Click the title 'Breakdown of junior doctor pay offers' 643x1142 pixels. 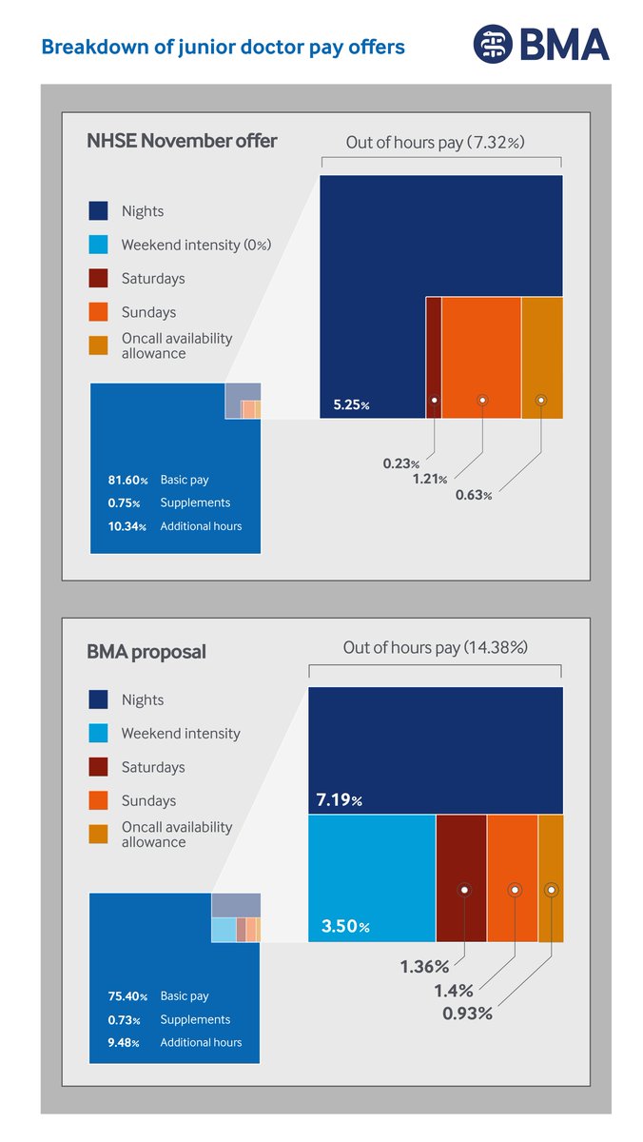[x=222, y=47]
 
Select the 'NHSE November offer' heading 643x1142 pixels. [x=182, y=142]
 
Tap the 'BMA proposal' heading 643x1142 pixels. [x=146, y=652]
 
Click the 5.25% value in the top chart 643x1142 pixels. [x=350, y=405]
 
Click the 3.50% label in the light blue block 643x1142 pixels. [x=339, y=926]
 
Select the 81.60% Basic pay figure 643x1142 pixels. [x=127, y=481]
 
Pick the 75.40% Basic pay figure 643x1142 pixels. [x=127, y=996]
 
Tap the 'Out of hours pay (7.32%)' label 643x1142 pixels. [x=435, y=143]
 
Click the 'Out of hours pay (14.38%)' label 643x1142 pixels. [x=435, y=648]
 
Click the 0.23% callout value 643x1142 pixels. [x=400, y=463]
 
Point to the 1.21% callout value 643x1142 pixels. [x=429, y=479]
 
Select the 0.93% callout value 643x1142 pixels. [x=467, y=1014]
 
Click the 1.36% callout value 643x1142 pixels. [x=423, y=967]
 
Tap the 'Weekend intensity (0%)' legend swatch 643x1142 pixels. [x=99, y=245]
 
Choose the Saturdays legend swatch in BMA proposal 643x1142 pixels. [x=99, y=767]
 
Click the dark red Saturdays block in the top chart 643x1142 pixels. [x=434, y=357]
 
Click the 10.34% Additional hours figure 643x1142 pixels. [x=127, y=526]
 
